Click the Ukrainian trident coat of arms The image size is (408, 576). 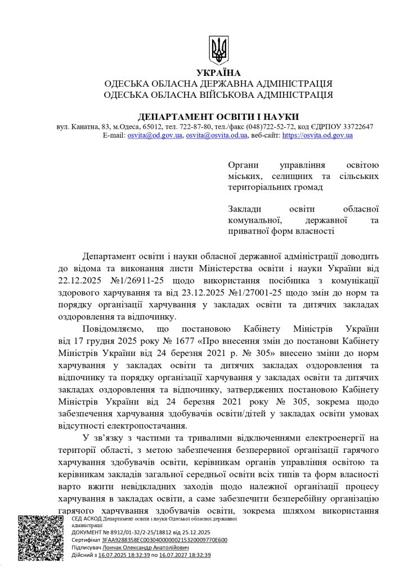[218, 50]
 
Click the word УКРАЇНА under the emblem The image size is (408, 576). [218, 73]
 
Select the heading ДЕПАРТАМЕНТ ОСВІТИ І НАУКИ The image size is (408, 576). [218, 115]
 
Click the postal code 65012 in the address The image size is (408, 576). [148, 127]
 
